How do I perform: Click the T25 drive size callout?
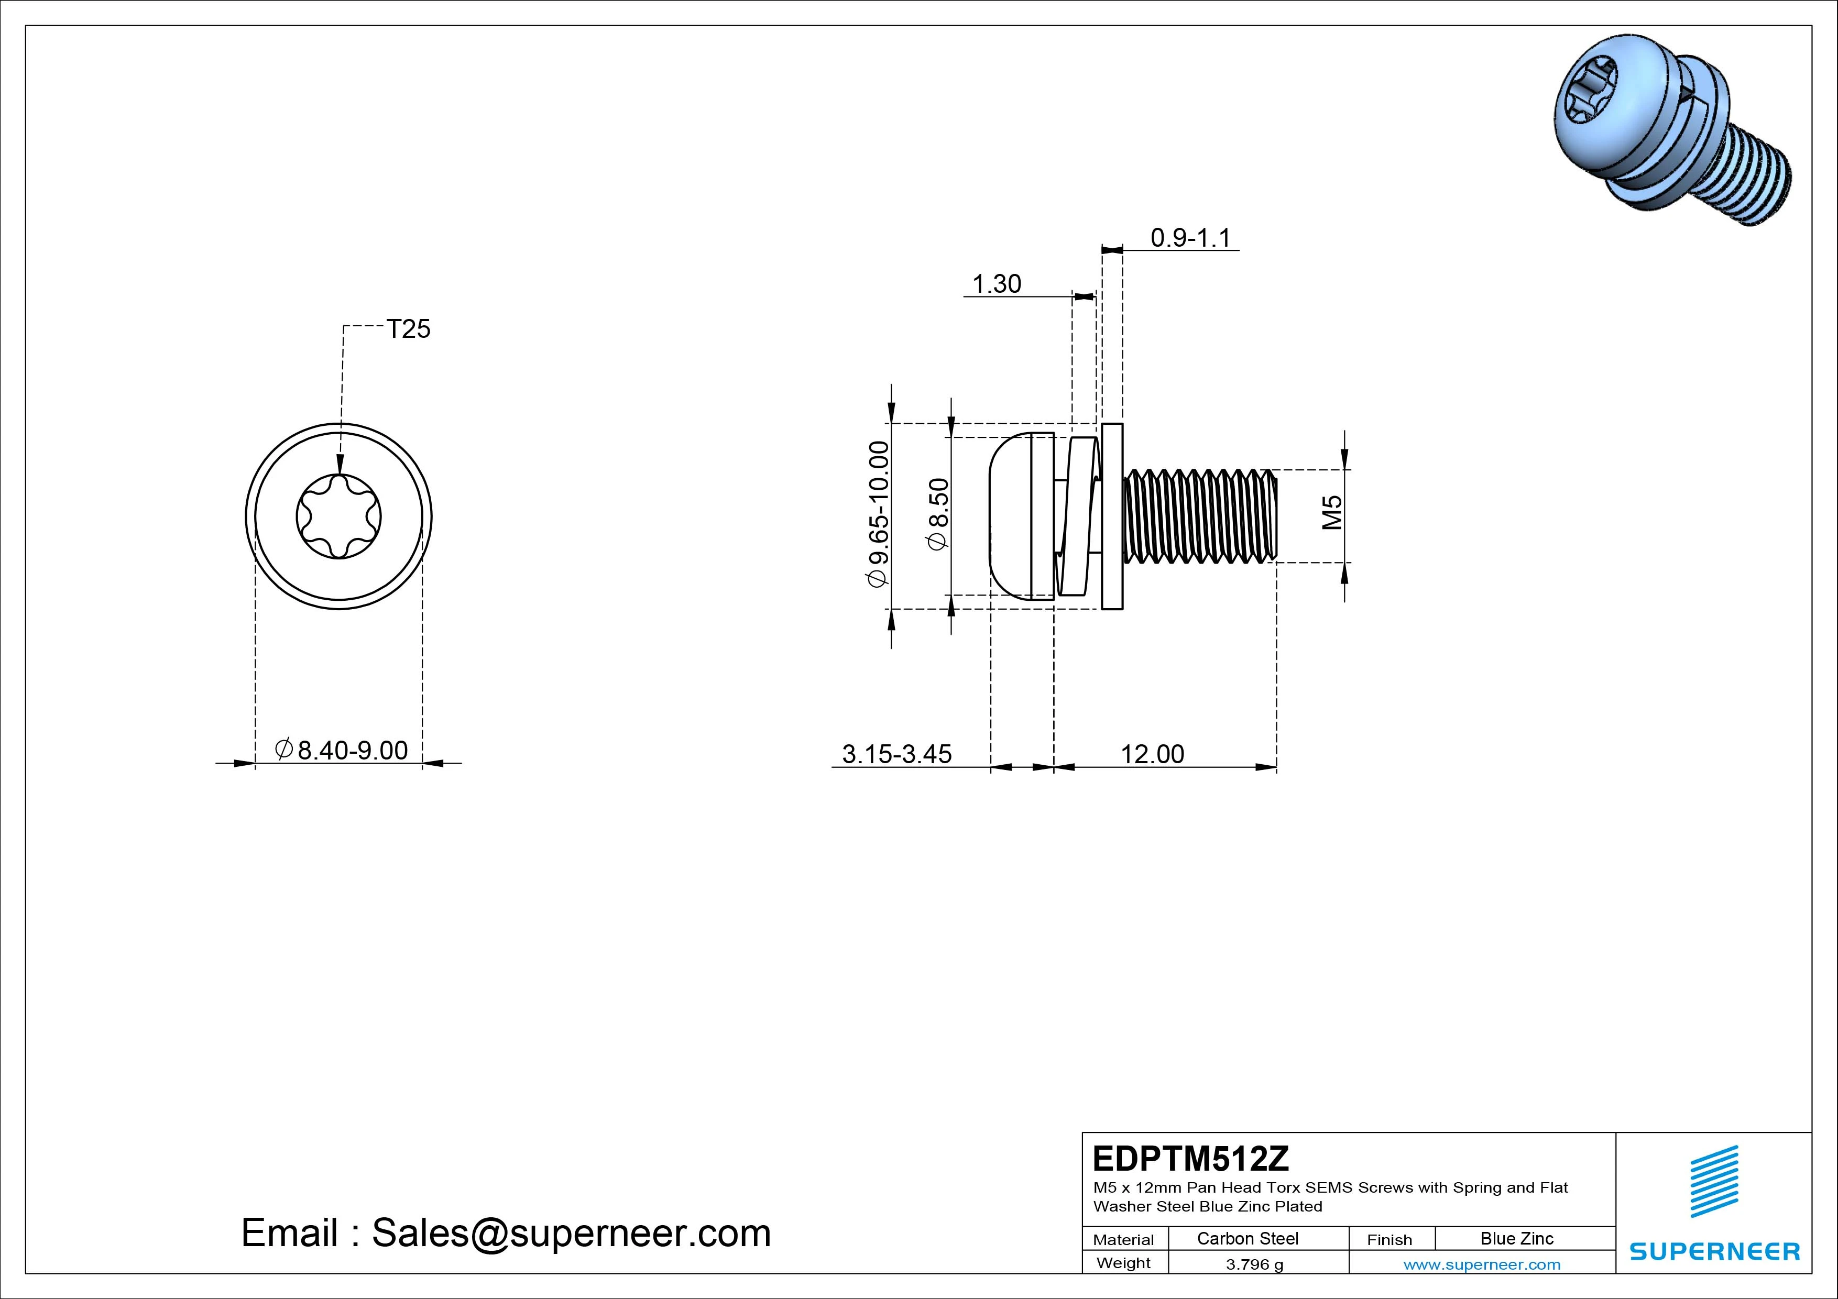point(408,329)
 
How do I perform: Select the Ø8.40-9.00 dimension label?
point(341,750)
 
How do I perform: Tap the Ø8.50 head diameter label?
point(937,514)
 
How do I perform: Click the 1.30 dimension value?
point(997,283)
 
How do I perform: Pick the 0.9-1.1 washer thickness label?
point(1190,238)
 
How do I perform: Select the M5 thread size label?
point(1331,513)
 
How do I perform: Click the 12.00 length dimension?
point(1152,754)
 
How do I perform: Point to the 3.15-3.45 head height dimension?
point(896,754)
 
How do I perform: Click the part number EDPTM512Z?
point(1191,1158)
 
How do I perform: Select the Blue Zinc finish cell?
point(1517,1238)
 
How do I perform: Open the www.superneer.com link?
point(1482,1264)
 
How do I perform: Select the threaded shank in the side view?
point(1200,516)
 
